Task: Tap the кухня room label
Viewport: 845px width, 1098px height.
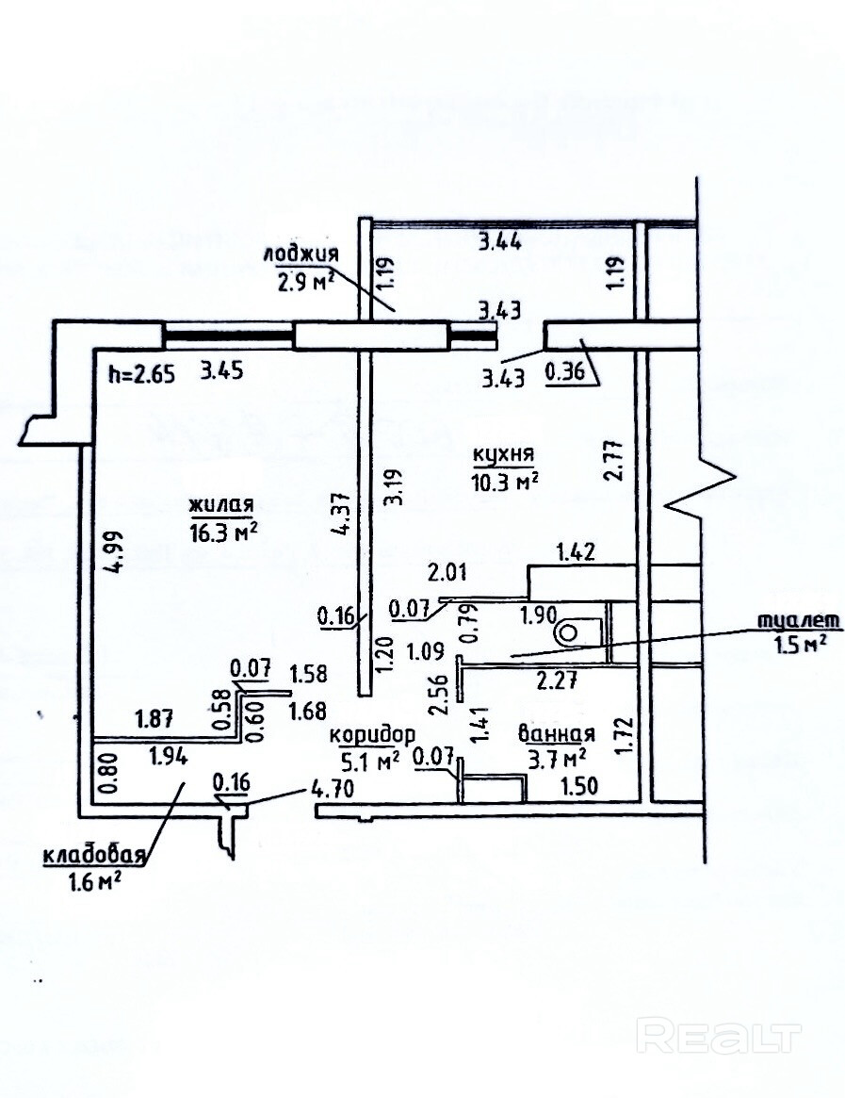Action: click(504, 456)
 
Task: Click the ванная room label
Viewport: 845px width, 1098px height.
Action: click(556, 734)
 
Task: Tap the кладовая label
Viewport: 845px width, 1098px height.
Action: click(92, 855)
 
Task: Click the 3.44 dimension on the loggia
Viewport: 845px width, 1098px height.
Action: click(500, 241)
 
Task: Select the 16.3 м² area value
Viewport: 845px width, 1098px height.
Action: click(223, 531)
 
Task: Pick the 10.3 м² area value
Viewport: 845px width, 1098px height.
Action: click(506, 481)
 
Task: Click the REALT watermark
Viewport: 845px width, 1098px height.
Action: click(720, 1036)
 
